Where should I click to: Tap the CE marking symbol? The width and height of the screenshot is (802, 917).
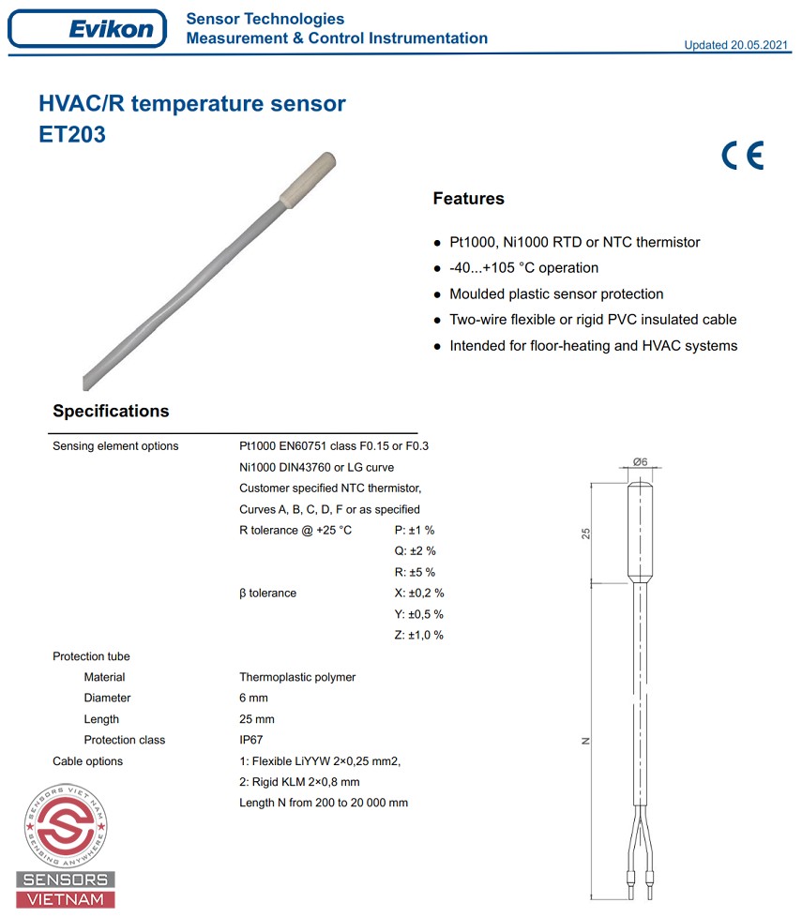coord(742,155)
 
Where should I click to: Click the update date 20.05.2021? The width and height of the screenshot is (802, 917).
coord(737,45)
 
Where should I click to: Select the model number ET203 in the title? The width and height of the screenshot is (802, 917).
coord(72,134)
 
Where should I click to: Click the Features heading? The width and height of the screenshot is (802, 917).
coord(468,199)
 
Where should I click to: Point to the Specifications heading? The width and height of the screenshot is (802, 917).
coord(111,411)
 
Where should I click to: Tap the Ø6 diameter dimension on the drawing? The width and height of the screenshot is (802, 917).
coord(642,461)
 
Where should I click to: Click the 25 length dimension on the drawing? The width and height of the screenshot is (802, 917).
coord(586,533)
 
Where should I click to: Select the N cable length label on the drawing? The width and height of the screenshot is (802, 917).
coord(585,741)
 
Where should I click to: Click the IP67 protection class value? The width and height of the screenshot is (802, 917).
coord(251,740)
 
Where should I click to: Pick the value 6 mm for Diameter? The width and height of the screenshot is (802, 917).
coord(253,698)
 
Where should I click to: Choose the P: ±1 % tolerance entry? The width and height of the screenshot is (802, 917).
coord(415,531)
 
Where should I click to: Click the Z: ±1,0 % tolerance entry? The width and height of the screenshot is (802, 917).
coord(418,635)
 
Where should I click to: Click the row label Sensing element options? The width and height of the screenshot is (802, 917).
coord(115,446)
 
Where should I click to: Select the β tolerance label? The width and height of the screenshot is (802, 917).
coord(267,594)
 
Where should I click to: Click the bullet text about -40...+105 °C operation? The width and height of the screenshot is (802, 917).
coord(523,268)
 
